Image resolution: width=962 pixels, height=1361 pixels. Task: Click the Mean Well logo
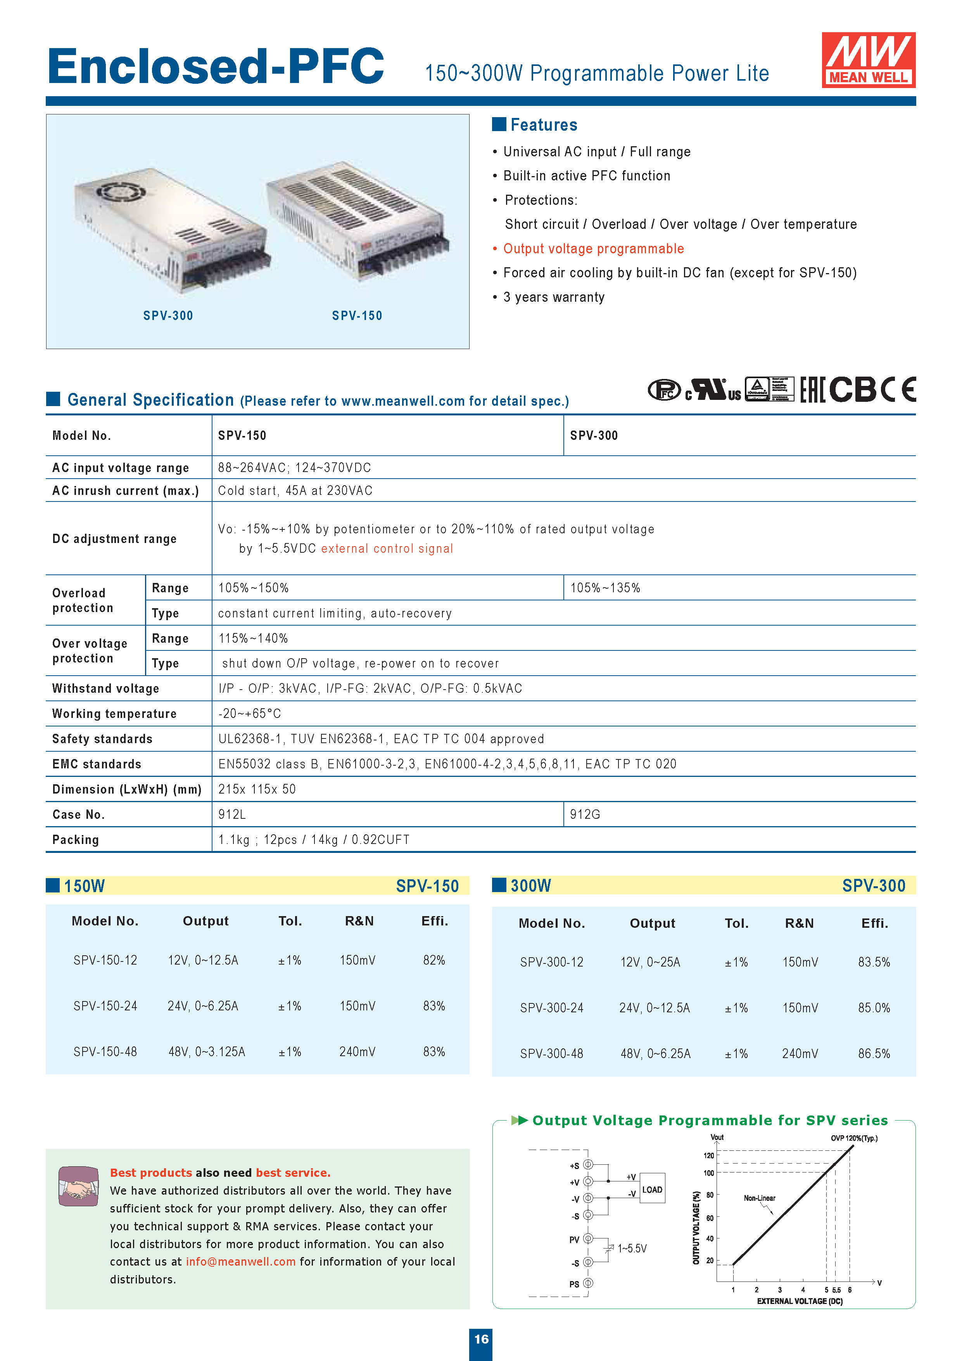click(868, 60)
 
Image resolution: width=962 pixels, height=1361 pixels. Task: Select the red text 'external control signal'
click(387, 549)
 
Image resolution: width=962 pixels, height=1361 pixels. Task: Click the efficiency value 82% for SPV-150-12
click(434, 960)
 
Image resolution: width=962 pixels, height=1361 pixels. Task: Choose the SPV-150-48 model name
click(105, 1051)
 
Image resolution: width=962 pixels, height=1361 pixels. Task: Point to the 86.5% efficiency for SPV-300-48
click(874, 1054)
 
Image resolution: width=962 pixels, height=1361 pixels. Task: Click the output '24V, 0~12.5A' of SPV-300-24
click(655, 1008)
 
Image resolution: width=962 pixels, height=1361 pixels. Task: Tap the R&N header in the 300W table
click(799, 923)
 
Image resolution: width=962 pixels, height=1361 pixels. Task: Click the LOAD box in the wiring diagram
click(652, 1190)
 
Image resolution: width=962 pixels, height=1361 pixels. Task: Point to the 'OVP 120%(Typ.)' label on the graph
click(853, 1138)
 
